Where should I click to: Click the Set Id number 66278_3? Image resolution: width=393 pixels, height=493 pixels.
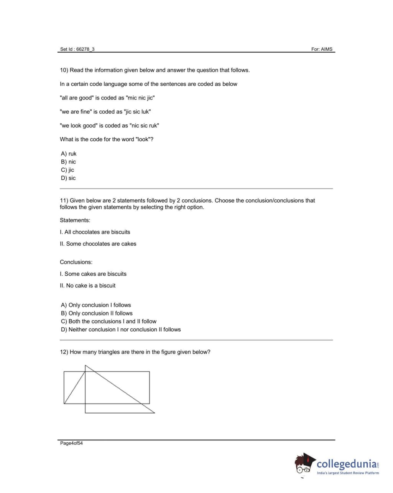tap(85, 49)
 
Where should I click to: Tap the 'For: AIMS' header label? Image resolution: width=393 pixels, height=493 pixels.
tap(322, 49)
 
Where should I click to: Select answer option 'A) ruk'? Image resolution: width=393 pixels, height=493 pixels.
tap(69, 154)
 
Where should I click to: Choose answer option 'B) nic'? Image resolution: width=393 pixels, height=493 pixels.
tap(68, 162)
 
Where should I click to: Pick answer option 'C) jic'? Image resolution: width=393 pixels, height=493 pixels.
tap(67, 170)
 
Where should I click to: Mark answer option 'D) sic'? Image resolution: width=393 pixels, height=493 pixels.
tap(68, 178)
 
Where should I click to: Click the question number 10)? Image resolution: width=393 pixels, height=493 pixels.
tap(64, 70)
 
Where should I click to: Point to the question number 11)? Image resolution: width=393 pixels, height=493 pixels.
tap(64, 200)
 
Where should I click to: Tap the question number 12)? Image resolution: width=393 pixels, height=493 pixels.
tap(64, 352)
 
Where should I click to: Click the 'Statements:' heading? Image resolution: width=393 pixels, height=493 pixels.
tap(75, 220)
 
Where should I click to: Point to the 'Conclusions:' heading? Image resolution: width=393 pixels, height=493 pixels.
tap(76, 262)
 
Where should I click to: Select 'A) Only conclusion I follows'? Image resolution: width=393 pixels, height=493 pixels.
tap(96, 305)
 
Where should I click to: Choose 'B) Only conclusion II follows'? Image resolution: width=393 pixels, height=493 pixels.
tap(97, 313)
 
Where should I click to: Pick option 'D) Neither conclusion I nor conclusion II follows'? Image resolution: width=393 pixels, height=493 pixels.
tap(121, 329)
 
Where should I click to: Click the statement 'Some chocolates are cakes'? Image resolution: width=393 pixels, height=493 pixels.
tap(101, 244)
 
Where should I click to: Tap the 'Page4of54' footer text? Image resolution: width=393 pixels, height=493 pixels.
tap(71, 443)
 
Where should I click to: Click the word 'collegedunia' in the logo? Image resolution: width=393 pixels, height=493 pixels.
tap(347, 464)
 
